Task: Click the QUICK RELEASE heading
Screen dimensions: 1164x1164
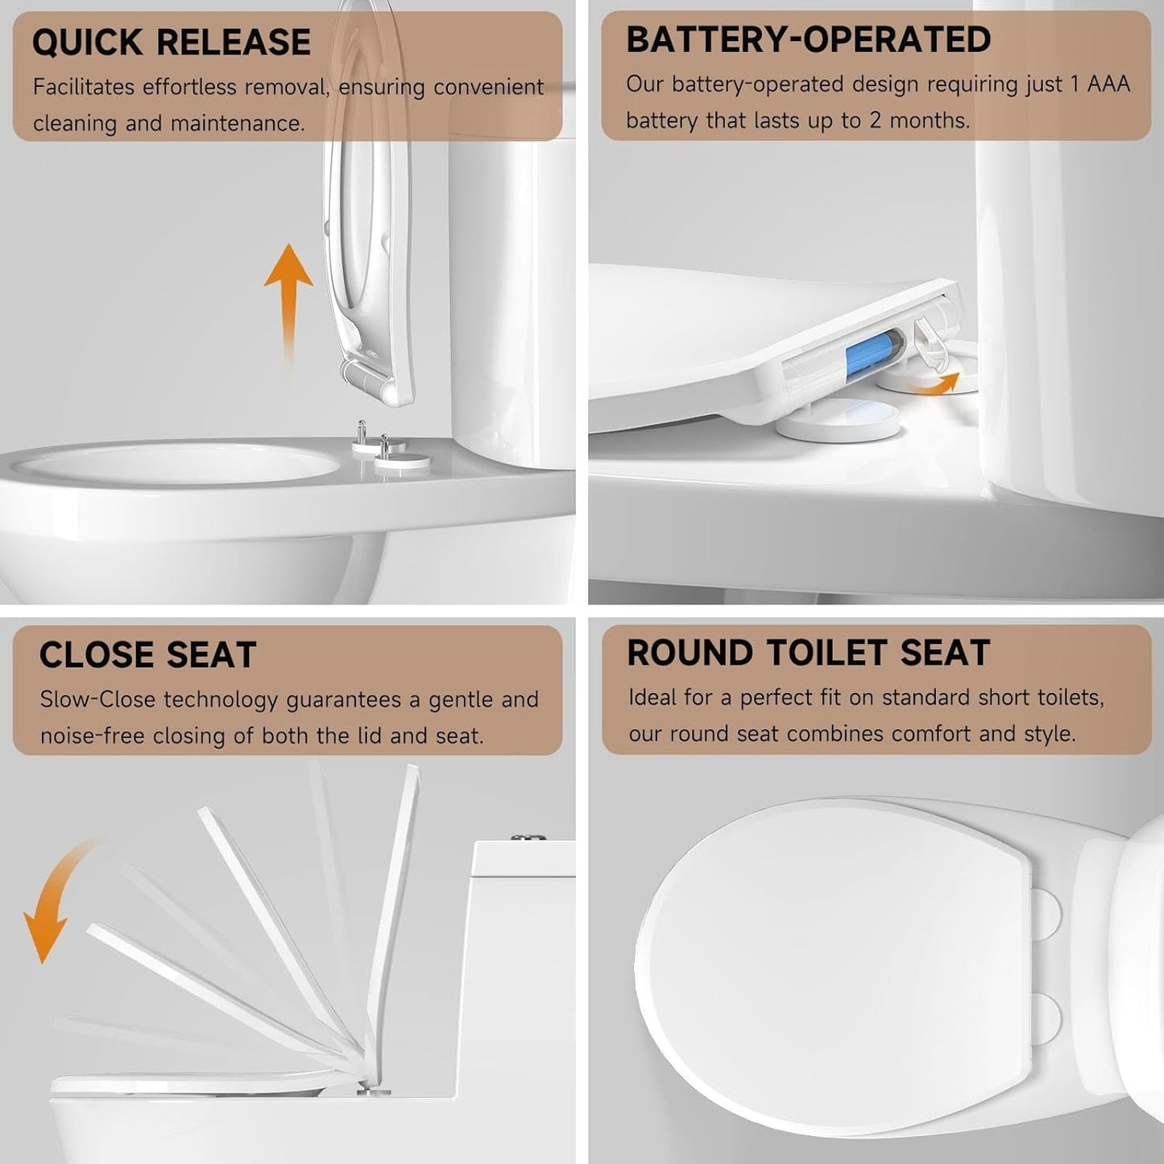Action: [171, 42]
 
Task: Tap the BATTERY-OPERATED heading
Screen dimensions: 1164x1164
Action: [808, 39]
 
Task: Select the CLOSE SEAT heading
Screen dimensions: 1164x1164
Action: [147, 655]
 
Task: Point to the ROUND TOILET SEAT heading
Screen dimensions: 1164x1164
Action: [808, 652]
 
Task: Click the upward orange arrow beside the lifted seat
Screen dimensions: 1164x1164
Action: [288, 298]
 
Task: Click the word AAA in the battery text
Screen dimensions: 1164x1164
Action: [1108, 85]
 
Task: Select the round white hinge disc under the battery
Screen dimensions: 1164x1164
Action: [838, 419]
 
